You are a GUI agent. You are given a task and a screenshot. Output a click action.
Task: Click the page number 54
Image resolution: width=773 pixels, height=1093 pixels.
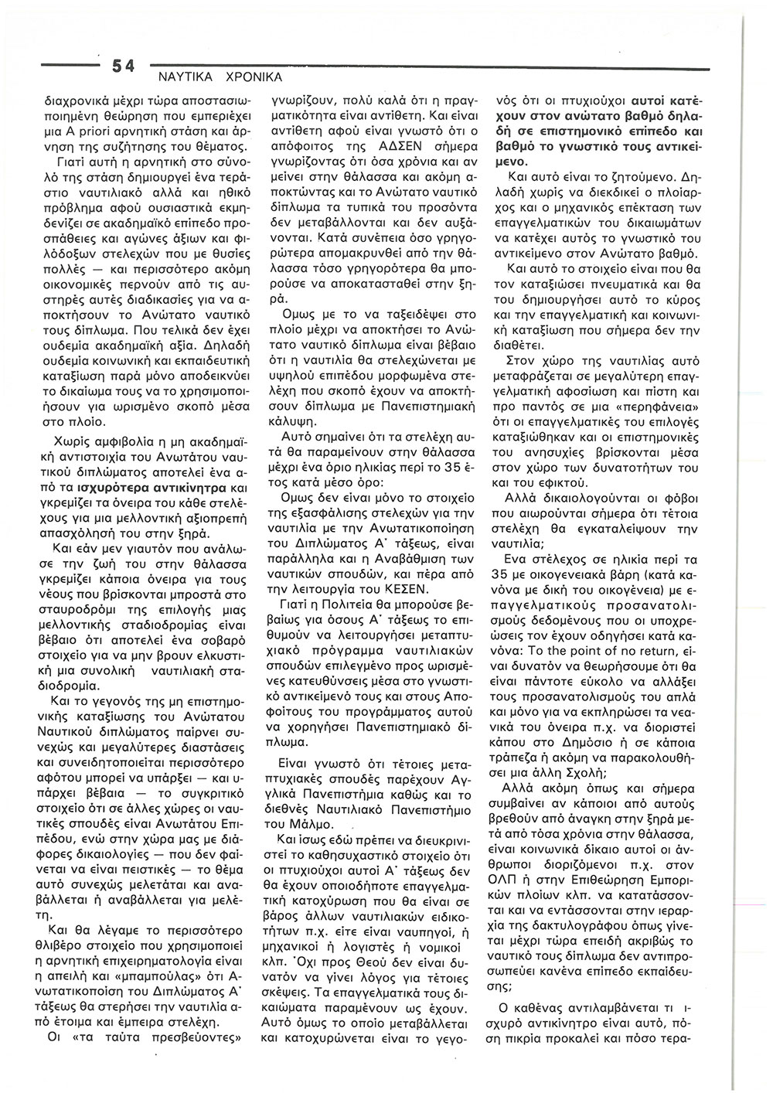pyautogui.click(x=123, y=68)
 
